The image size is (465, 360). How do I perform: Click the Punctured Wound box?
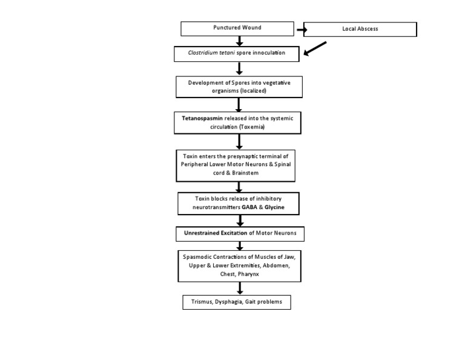click(237, 28)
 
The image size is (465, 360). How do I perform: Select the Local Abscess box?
click(360, 29)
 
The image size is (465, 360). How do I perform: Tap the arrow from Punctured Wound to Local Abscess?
click(302, 29)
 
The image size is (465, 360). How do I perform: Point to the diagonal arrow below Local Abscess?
click(314, 48)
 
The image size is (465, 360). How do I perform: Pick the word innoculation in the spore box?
click(265, 53)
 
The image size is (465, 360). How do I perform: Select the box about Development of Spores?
click(239, 87)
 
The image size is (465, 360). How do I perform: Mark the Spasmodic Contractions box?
click(239, 266)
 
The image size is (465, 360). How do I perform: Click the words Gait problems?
click(263, 302)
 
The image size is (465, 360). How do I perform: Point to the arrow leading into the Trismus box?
click(240, 288)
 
